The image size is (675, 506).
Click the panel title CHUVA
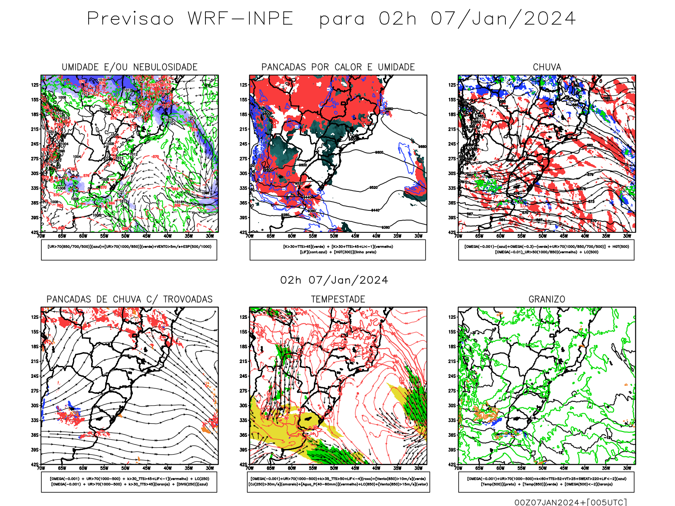[x=547, y=67]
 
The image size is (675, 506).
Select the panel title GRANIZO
[x=547, y=299]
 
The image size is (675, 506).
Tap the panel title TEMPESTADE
[x=338, y=299]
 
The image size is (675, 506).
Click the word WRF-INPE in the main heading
[x=240, y=19]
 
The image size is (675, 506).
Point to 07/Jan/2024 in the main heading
[x=503, y=19]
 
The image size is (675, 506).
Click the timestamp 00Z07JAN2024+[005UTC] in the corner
[x=570, y=502]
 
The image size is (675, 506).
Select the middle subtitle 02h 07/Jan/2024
[x=334, y=280]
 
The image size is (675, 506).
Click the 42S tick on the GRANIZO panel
[x=452, y=464]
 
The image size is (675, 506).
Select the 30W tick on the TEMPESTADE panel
[x=418, y=468]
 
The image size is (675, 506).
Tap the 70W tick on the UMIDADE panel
[x=41, y=236]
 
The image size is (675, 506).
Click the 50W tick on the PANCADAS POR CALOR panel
[x=334, y=236]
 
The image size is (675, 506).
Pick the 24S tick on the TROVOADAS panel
[x=35, y=376]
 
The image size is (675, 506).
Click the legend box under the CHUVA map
[x=546, y=250]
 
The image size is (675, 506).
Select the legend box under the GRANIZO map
[x=546, y=482]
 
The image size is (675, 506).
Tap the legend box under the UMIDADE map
[x=129, y=250]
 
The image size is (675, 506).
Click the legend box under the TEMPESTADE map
[x=338, y=482]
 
